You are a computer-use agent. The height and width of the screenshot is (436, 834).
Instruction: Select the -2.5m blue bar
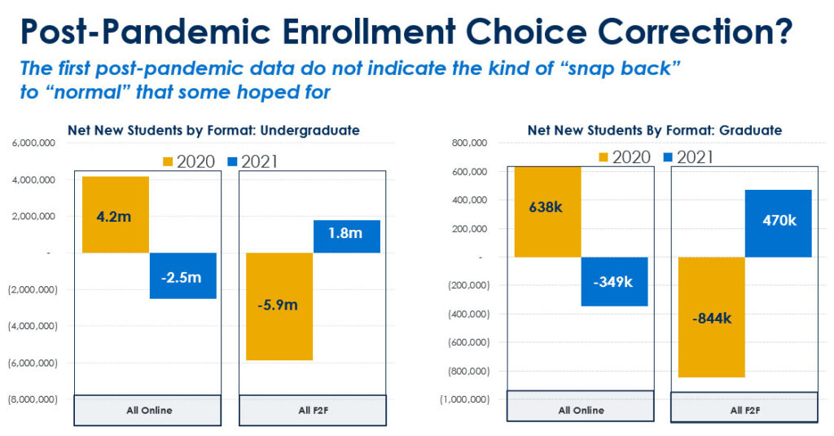click(x=183, y=276)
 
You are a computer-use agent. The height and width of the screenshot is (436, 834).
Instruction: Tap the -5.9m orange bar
click(x=279, y=306)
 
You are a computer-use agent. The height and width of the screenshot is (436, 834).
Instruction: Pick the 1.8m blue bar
click(x=347, y=236)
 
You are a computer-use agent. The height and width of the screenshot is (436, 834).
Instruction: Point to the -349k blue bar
click(x=615, y=281)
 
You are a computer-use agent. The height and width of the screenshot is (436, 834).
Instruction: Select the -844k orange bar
click(x=711, y=317)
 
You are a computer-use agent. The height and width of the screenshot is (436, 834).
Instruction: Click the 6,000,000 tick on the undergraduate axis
click(x=33, y=143)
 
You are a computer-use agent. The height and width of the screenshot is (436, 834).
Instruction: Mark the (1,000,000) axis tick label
click(x=463, y=399)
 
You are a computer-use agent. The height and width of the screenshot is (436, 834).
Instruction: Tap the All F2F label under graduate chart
click(x=743, y=410)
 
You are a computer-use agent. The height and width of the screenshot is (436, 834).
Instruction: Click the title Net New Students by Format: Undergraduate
click(x=213, y=130)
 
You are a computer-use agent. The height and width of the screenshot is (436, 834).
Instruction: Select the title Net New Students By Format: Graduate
click(x=655, y=130)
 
